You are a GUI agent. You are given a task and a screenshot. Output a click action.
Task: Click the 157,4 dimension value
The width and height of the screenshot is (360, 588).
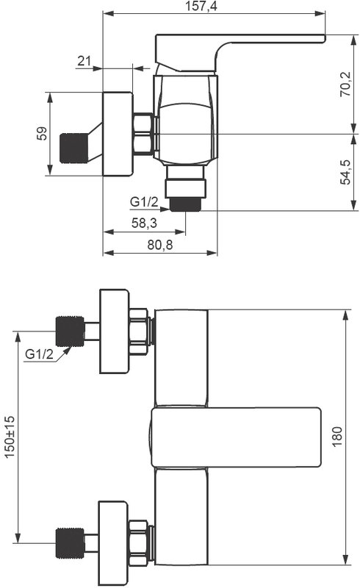point(201,6)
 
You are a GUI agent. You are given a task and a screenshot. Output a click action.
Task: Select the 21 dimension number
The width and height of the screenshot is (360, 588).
point(84,61)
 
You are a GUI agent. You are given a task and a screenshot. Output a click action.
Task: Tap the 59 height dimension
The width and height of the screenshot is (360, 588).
point(43,134)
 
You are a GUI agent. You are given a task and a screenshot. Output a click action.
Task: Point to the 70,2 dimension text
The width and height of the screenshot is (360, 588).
point(345,85)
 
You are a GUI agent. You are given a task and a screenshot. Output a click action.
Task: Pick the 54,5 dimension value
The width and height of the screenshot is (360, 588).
point(345,172)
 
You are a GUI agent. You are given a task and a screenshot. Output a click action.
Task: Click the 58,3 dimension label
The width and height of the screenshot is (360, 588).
point(144,223)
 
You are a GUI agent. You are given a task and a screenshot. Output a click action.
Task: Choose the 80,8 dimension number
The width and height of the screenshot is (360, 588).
point(160,245)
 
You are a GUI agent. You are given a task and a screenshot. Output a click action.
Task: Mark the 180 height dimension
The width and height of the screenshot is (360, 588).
point(337,437)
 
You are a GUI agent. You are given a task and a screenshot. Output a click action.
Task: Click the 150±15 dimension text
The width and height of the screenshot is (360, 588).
point(10,437)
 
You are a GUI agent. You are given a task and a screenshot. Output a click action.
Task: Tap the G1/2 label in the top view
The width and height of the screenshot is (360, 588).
point(145,201)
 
